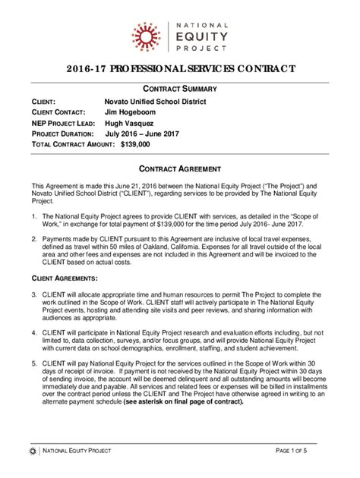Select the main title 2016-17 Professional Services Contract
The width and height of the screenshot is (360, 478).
pyautogui.click(x=180, y=70)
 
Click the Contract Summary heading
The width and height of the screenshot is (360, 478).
pyautogui.click(x=180, y=90)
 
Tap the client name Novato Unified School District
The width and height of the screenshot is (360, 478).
pyautogui.click(x=155, y=102)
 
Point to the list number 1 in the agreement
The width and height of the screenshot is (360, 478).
pyautogui.click(x=33, y=216)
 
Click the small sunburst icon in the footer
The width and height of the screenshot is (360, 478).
pyautogui.click(x=31, y=451)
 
